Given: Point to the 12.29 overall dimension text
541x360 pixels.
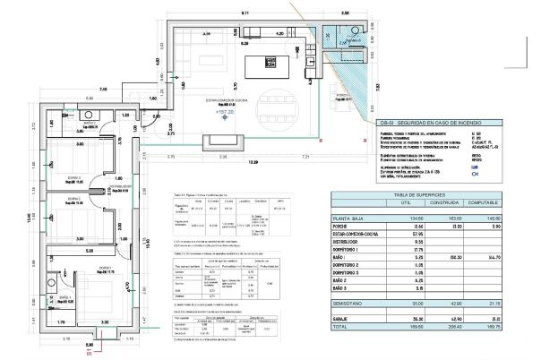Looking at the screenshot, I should click(253, 162).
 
